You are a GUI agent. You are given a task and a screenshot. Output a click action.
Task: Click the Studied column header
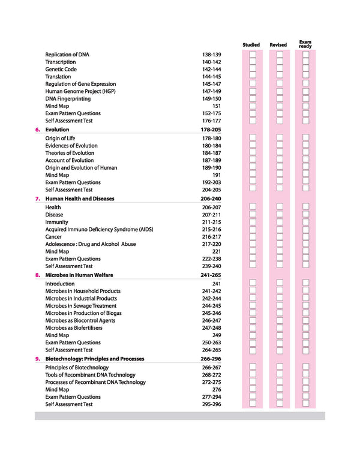coord(251,45)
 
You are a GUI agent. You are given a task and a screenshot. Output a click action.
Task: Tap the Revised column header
coord(278,45)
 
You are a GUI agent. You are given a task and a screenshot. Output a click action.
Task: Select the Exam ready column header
coord(305,44)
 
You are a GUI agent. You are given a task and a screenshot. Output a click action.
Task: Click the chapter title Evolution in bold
coord(57,130)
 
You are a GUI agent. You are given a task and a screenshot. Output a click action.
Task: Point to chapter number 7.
coord(38,199)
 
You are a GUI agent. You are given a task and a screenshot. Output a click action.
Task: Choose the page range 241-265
coord(212,275)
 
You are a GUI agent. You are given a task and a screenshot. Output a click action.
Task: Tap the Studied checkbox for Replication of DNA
coord(253,55)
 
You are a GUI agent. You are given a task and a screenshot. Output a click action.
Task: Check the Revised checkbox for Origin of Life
coord(279,139)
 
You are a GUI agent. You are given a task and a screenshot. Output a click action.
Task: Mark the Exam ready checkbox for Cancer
coord(306,237)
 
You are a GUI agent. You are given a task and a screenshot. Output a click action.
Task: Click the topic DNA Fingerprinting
coord(68,99)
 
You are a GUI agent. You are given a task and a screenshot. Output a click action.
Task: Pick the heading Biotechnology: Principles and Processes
coord(95,359)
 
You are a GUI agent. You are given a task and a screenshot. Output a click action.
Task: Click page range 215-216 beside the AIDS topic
coord(212,230)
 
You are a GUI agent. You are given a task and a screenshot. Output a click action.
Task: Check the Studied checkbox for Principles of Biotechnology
coord(253,368)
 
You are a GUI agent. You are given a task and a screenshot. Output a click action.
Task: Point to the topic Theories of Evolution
coord(70,153)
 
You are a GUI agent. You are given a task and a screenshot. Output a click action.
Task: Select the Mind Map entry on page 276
coord(57,390)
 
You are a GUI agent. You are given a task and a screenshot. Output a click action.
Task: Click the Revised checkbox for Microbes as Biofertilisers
coord(279,328)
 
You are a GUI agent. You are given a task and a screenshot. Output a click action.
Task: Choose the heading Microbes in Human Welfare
coord(79,275)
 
